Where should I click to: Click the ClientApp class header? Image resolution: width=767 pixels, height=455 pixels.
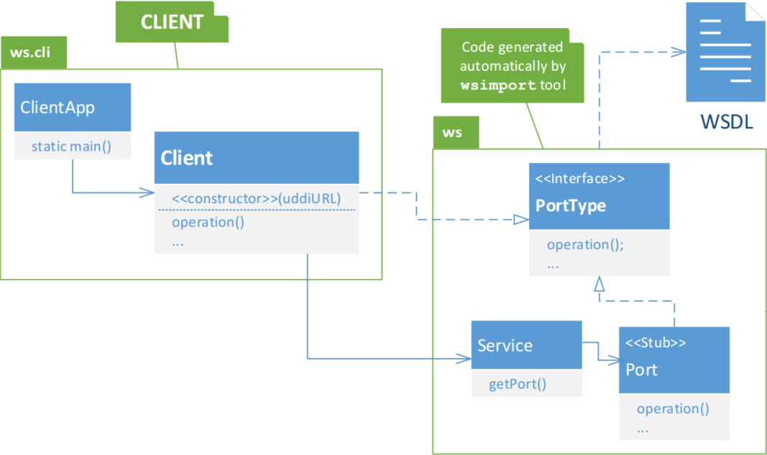(x=73, y=107)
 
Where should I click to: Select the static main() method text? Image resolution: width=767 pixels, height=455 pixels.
(x=71, y=146)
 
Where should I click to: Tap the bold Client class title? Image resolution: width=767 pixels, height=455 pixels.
(x=186, y=158)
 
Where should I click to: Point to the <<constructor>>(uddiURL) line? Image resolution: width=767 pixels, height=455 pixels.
(x=257, y=199)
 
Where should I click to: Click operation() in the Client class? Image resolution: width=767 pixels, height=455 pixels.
(x=208, y=222)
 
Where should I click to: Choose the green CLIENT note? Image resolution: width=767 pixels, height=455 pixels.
(x=173, y=22)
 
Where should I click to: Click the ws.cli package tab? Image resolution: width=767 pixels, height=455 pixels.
(x=34, y=52)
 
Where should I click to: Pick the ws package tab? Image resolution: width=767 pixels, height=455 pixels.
(x=456, y=132)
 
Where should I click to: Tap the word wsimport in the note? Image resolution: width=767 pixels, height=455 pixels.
(x=498, y=85)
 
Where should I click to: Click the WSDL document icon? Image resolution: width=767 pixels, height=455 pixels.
(x=725, y=52)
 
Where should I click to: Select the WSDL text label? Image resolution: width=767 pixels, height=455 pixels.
(x=727, y=121)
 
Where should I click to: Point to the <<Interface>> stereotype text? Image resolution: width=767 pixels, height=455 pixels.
(x=579, y=179)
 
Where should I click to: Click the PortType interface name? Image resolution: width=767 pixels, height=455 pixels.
(x=570, y=205)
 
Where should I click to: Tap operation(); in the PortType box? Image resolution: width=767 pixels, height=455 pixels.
(x=585, y=244)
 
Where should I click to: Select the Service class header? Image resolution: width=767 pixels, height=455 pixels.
(x=526, y=344)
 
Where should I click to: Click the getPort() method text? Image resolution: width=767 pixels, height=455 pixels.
(x=518, y=384)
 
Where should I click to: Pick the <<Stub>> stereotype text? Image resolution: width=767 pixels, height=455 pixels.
(x=656, y=343)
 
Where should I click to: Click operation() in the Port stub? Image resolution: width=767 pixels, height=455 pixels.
(x=673, y=408)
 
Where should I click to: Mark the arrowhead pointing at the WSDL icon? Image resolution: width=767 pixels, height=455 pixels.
(x=679, y=52)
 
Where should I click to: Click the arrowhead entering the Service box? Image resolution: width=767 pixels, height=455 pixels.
(x=464, y=359)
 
